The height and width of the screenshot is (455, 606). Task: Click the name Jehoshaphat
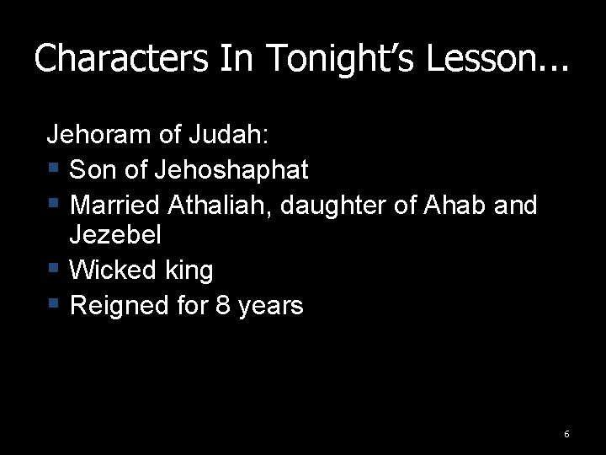(x=231, y=169)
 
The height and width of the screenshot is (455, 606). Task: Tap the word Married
(x=114, y=205)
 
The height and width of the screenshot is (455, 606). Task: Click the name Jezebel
(x=114, y=235)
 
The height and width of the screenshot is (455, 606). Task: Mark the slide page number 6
(x=566, y=434)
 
